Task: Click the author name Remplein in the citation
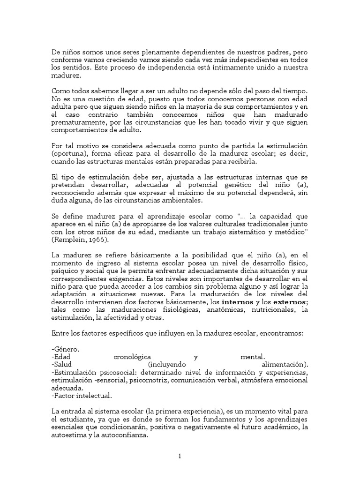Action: point(70,240)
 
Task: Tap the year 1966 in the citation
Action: point(97,240)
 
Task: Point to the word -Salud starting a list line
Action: point(63,365)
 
